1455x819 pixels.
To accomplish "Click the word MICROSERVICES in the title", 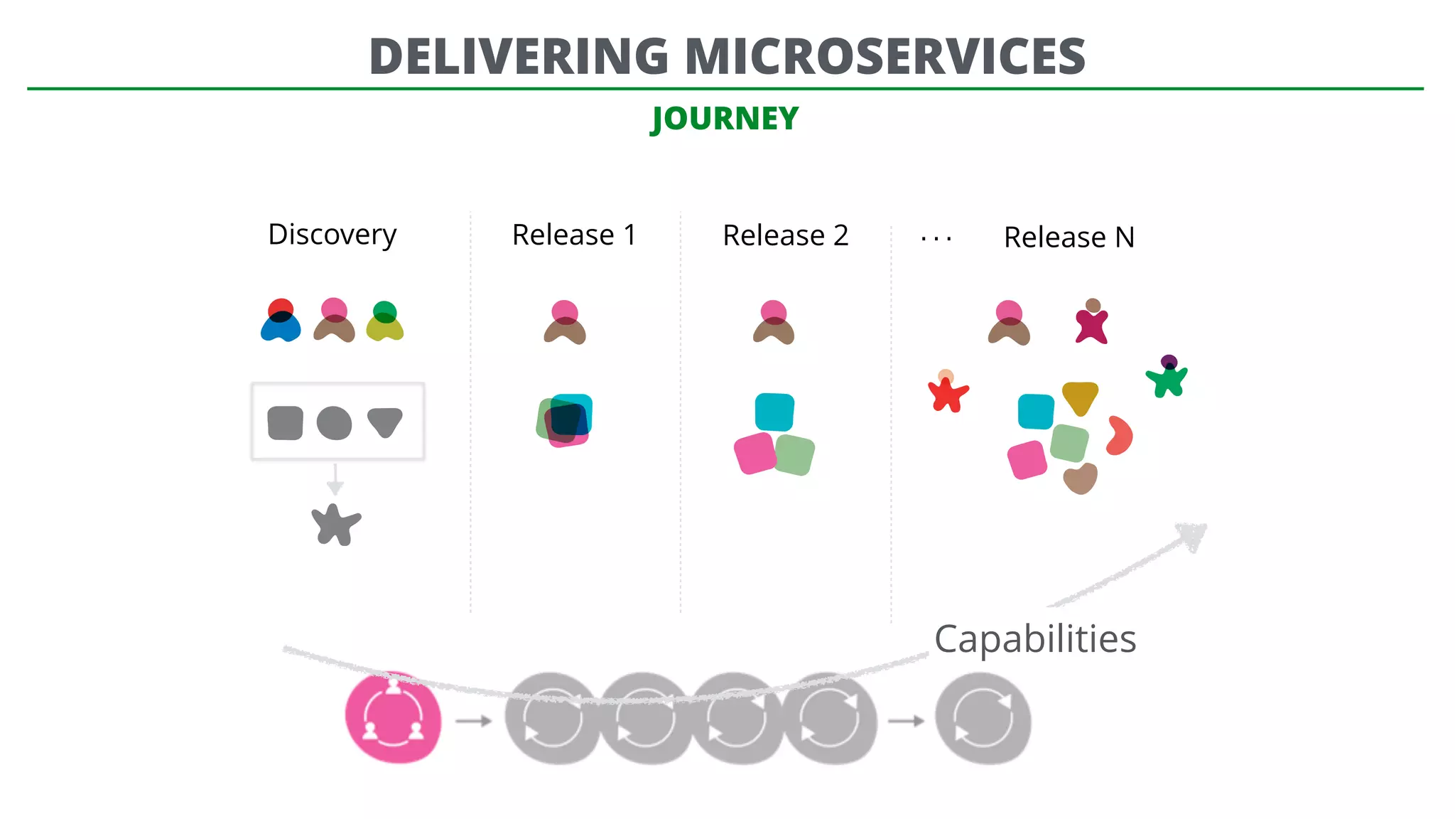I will click(885, 56).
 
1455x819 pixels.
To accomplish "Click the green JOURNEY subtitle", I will click(725, 118).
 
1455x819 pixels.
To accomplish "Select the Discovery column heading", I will click(332, 235).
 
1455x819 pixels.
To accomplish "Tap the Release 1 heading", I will click(574, 235).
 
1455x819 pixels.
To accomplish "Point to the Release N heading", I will click(1069, 237).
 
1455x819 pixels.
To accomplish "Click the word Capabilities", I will click(1035, 638).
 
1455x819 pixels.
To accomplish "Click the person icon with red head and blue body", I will click(281, 321).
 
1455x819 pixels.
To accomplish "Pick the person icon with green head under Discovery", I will click(384, 322).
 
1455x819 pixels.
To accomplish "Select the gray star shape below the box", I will click(335, 525).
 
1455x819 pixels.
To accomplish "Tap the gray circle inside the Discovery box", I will click(334, 423).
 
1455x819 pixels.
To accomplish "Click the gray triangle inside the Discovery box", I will click(385, 421).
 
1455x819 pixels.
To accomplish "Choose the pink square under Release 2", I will click(754, 453).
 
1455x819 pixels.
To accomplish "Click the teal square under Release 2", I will click(774, 412).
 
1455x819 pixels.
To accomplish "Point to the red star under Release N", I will click(948, 393).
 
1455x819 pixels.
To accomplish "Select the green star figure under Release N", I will click(1167, 378).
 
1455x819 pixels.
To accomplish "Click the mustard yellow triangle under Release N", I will click(1080, 397).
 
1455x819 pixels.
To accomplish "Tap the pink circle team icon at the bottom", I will click(393, 718).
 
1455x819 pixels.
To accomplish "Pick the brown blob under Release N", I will click(1081, 478).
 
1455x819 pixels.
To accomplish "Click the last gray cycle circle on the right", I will click(983, 718).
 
